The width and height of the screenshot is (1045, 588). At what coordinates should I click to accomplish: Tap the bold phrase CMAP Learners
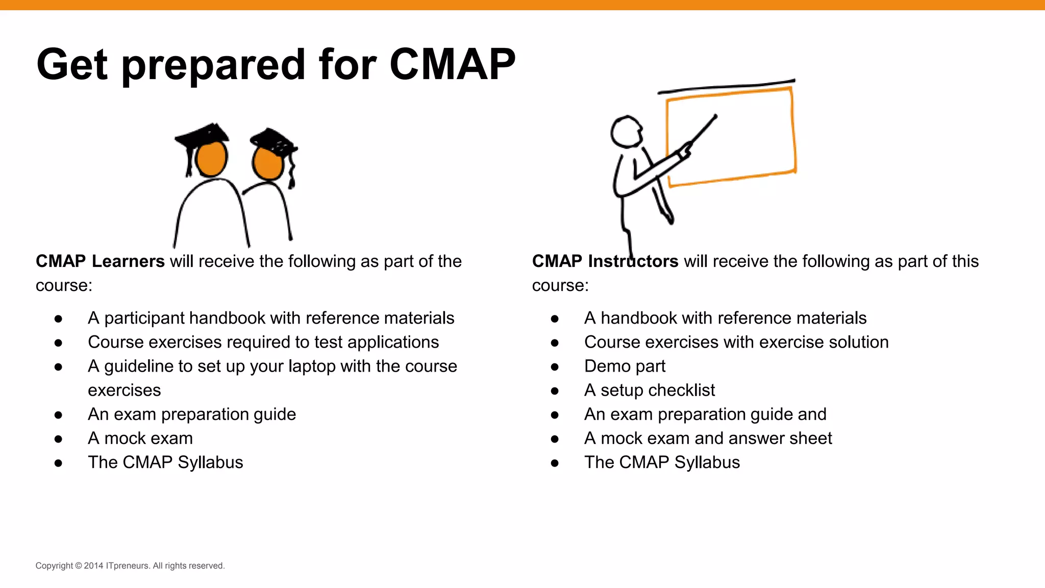[x=100, y=261]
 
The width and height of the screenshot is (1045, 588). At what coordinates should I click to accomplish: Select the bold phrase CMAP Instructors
[x=605, y=261]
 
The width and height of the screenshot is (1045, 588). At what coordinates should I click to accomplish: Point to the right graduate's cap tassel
[x=292, y=174]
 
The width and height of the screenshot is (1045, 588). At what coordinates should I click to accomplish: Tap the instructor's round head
[x=626, y=132]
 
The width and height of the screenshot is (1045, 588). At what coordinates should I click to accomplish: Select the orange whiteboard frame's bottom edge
[x=732, y=178]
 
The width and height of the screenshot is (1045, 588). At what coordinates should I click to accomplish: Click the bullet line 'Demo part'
[x=625, y=366]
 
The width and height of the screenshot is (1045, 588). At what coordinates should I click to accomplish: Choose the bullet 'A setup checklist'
[x=649, y=390]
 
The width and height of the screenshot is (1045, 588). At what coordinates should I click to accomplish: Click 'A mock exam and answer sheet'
[x=708, y=438]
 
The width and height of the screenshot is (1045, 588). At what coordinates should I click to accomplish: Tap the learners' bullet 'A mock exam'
[x=140, y=438]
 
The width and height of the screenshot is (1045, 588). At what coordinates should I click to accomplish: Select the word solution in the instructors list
[x=859, y=342]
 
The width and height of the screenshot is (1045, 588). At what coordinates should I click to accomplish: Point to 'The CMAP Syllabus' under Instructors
[x=662, y=462]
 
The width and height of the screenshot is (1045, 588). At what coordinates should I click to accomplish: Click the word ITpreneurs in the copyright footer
[x=128, y=566]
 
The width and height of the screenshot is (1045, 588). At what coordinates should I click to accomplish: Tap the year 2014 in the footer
[x=94, y=566]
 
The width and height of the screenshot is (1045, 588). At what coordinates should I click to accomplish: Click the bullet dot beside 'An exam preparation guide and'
[x=555, y=415]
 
